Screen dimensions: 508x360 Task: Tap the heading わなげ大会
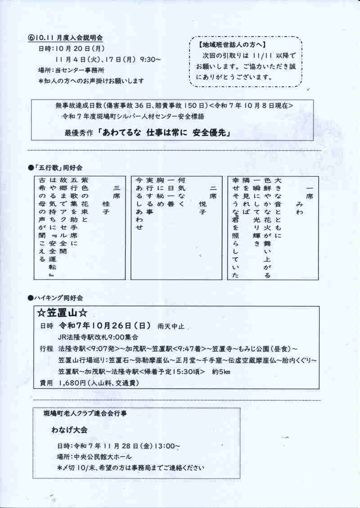coord(70,430)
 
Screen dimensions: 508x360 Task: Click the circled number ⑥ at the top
coord(30,39)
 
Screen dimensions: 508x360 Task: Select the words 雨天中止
coord(171,326)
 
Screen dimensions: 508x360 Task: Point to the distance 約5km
coord(220,372)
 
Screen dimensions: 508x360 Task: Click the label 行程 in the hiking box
coord(46,349)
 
